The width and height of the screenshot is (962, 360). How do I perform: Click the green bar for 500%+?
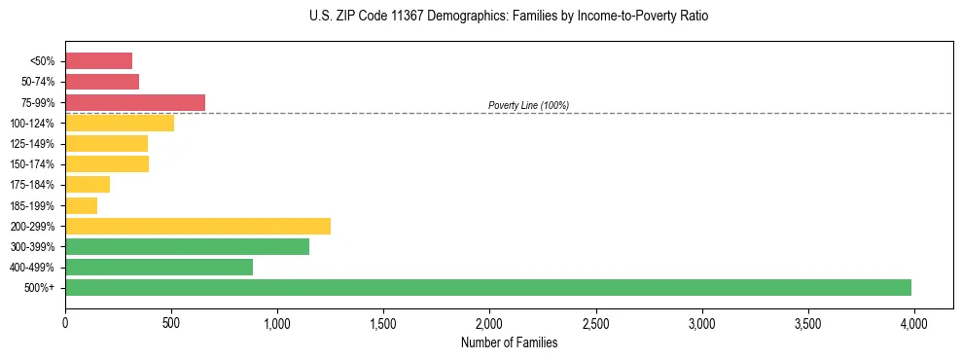[488, 287]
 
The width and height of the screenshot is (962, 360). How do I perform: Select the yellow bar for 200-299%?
[197, 226]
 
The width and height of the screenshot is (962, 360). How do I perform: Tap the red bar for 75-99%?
[135, 102]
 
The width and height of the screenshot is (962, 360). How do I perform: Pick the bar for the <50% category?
[98, 61]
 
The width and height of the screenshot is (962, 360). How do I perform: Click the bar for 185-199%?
[81, 205]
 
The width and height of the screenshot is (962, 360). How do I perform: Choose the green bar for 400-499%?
[159, 267]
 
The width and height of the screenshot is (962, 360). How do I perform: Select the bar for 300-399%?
[187, 246]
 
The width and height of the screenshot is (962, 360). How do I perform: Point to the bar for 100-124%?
[120, 123]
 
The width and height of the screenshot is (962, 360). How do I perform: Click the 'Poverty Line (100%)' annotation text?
[528, 105]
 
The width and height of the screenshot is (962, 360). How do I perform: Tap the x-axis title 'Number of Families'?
[509, 342]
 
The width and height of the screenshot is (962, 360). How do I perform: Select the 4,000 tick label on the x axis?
[913, 321]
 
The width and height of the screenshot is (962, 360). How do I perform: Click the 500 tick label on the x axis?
[171, 321]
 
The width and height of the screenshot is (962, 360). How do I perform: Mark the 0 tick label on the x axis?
[65, 321]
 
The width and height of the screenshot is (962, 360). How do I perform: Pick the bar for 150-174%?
[107, 163]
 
